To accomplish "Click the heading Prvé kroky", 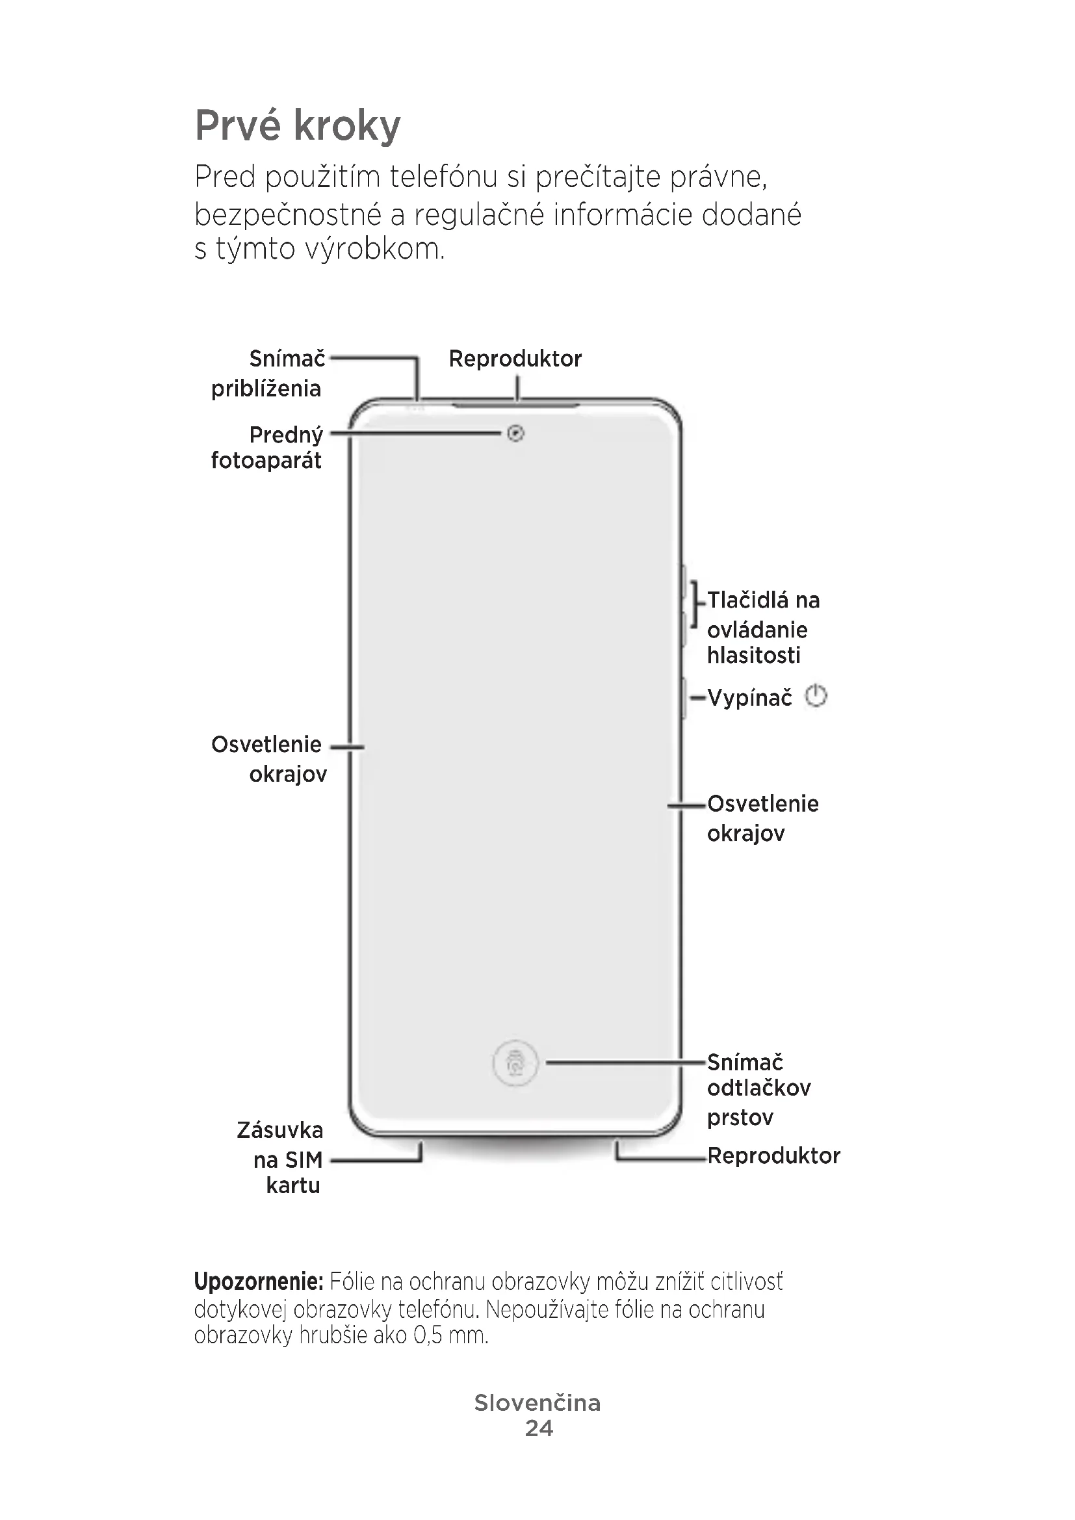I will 297,125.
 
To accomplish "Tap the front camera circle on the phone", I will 515,433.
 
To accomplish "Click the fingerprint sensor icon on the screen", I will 515,1063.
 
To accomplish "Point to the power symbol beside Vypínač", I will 816,697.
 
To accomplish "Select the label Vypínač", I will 749,697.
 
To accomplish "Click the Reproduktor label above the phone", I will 515,359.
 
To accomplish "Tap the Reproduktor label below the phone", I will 773,1156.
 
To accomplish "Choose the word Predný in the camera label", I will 286,435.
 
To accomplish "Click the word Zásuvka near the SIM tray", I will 280,1130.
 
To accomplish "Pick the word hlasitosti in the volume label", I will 753,656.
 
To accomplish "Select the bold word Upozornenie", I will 258,1282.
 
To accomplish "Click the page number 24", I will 538,1428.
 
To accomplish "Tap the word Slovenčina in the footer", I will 537,1402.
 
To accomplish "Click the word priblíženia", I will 266,389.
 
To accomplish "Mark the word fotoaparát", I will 266,460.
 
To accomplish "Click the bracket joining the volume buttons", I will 694,603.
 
